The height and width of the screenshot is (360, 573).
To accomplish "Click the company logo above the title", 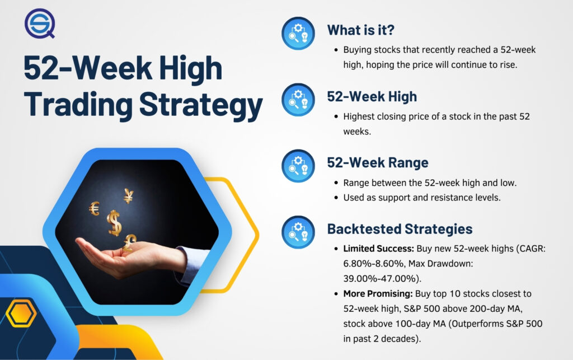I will (40, 24).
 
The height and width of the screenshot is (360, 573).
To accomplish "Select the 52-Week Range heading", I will (378, 162).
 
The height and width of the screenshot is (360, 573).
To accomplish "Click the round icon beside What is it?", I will (298, 32).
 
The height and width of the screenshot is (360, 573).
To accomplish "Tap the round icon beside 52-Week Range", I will (298, 166).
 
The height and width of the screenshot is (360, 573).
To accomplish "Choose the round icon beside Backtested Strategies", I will (298, 232).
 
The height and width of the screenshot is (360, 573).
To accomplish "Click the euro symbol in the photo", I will (94, 208).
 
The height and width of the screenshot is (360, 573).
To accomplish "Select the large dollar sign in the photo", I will (115, 222).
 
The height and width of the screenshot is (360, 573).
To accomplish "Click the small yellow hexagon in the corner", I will (21, 314).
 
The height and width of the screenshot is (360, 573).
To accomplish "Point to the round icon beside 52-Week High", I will (298, 100).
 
